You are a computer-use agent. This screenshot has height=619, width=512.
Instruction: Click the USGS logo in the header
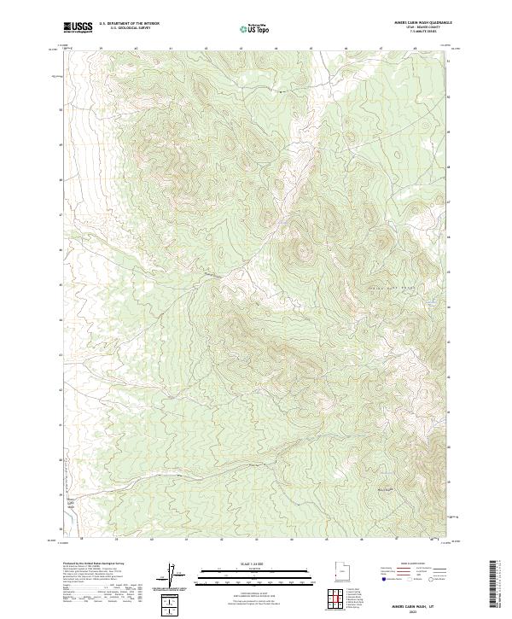[79, 28]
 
